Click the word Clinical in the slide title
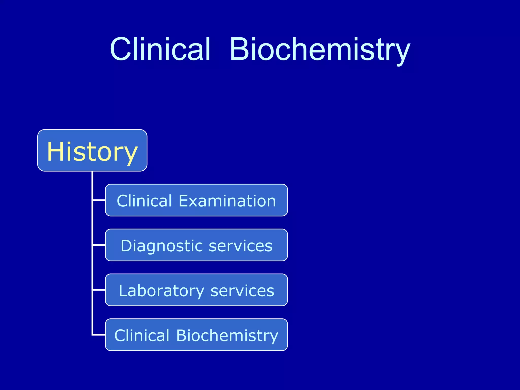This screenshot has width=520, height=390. (x=160, y=50)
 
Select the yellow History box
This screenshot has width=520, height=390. (x=92, y=150)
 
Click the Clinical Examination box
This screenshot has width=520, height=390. (x=196, y=200)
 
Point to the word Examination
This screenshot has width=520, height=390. (x=227, y=201)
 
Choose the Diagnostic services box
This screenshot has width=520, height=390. (x=196, y=245)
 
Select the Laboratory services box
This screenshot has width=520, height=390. (x=196, y=290)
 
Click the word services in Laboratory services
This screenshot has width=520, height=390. (x=242, y=291)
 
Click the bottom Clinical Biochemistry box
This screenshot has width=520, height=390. (x=196, y=335)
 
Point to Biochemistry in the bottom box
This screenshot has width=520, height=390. (x=227, y=336)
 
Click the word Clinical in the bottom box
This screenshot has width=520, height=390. (x=142, y=336)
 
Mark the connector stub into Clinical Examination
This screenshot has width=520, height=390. (x=99, y=200)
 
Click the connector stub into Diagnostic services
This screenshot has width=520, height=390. (x=99, y=245)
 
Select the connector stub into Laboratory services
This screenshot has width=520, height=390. (x=99, y=290)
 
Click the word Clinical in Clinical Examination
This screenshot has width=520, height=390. (x=144, y=201)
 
